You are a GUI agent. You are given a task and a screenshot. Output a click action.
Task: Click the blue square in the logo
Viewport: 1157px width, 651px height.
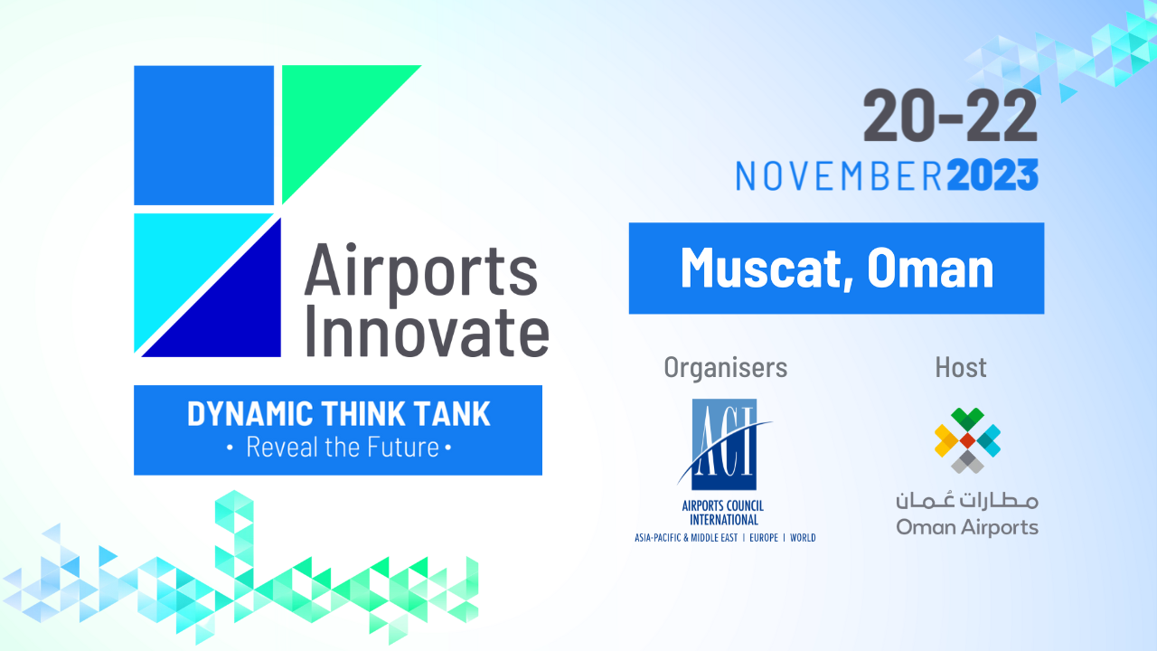tap(204, 136)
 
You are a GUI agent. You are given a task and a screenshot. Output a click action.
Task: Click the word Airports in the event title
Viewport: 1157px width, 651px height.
tap(421, 272)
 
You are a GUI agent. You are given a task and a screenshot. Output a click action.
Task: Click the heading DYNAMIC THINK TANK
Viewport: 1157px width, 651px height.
tap(338, 413)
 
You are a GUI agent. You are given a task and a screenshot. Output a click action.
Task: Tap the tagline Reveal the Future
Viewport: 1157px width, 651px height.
tap(343, 448)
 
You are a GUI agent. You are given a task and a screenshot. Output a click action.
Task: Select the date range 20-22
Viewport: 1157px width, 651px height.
tap(950, 116)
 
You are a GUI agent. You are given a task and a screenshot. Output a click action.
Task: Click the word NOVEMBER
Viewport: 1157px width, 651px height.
tap(840, 176)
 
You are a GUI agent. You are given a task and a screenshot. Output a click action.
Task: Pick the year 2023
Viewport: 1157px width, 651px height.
tap(992, 175)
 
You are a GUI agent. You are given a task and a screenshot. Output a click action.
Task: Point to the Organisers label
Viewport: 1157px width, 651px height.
tap(726, 368)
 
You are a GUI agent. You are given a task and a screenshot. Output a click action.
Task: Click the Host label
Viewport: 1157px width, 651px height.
tap(961, 367)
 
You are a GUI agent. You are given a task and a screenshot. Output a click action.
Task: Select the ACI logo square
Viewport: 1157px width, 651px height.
tap(724, 444)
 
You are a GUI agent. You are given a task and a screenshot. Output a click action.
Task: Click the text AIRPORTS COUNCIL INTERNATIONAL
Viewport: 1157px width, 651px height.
tap(723, 512)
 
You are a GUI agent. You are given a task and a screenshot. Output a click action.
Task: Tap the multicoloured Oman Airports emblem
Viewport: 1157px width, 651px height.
tap(967, 440)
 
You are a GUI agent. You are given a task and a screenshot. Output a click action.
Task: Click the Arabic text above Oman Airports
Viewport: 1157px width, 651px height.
tap(967, 500)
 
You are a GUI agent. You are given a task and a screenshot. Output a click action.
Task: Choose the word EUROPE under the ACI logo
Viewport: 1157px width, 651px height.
tap(764, 538)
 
